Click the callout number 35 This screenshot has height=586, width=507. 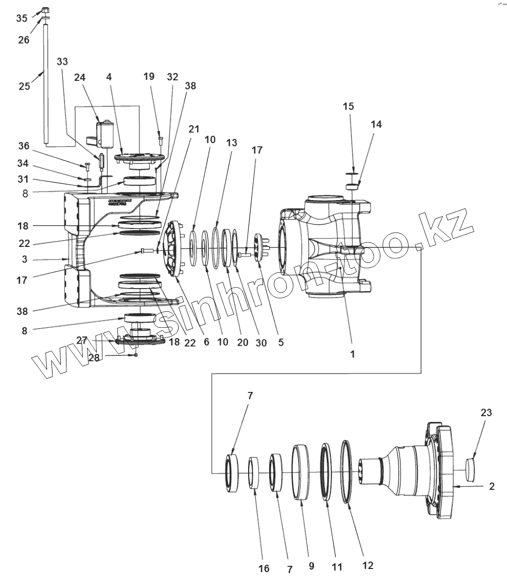tap(22, 19)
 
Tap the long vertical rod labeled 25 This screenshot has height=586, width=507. tap(45, 82)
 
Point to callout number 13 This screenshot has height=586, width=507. tap(232, 143)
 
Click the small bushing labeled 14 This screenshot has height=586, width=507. tap(352, 186)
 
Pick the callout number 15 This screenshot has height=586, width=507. tap(348, 106)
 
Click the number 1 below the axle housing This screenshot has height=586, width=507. tap(353, 354)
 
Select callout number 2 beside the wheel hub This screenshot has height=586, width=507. tap(492, 486)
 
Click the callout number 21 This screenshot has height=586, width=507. tap(194, 129)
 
